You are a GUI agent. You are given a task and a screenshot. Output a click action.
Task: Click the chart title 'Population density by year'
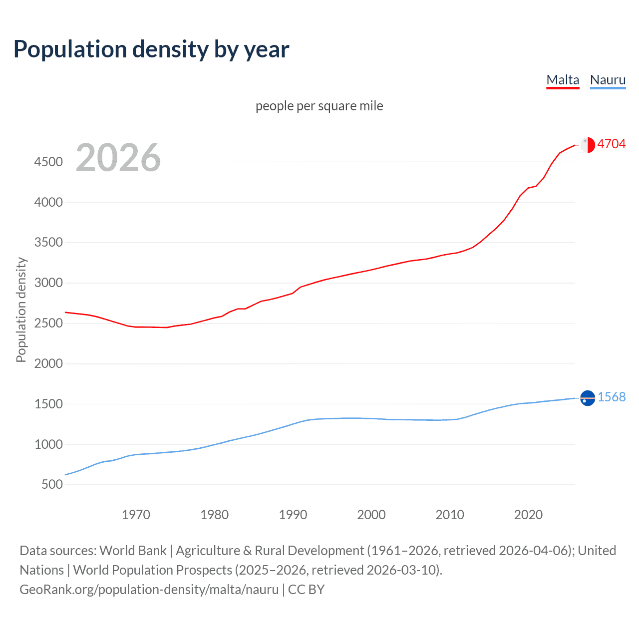151,49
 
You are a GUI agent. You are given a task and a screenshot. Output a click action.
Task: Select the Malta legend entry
563,80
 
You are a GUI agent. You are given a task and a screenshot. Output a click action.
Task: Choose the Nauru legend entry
608,80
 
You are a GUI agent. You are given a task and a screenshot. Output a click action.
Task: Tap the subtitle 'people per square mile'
319,106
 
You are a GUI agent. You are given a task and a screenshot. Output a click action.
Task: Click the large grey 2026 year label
118,158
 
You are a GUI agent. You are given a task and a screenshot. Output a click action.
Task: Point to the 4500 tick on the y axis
48,162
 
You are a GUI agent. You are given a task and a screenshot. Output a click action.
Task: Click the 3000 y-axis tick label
48,283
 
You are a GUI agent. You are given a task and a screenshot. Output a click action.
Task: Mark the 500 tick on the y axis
52,485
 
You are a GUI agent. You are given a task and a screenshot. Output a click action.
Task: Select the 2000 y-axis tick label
48,363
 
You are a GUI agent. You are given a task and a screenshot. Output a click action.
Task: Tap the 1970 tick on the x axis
136,515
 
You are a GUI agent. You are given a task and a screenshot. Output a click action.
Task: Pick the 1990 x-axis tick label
293,515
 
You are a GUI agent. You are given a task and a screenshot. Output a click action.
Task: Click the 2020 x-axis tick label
528,515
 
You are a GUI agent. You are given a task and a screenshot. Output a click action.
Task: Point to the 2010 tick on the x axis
450,515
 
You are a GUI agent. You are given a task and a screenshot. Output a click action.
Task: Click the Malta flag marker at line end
588,145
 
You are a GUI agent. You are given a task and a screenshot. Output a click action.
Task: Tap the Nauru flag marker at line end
588,398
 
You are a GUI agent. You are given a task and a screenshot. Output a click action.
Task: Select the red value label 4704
611,144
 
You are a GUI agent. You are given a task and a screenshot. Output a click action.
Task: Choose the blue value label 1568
611,397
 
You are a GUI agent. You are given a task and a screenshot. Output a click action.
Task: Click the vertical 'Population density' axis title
21,310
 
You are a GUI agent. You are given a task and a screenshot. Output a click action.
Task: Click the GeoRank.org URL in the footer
149,590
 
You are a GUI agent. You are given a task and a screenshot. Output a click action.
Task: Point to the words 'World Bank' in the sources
133,551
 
